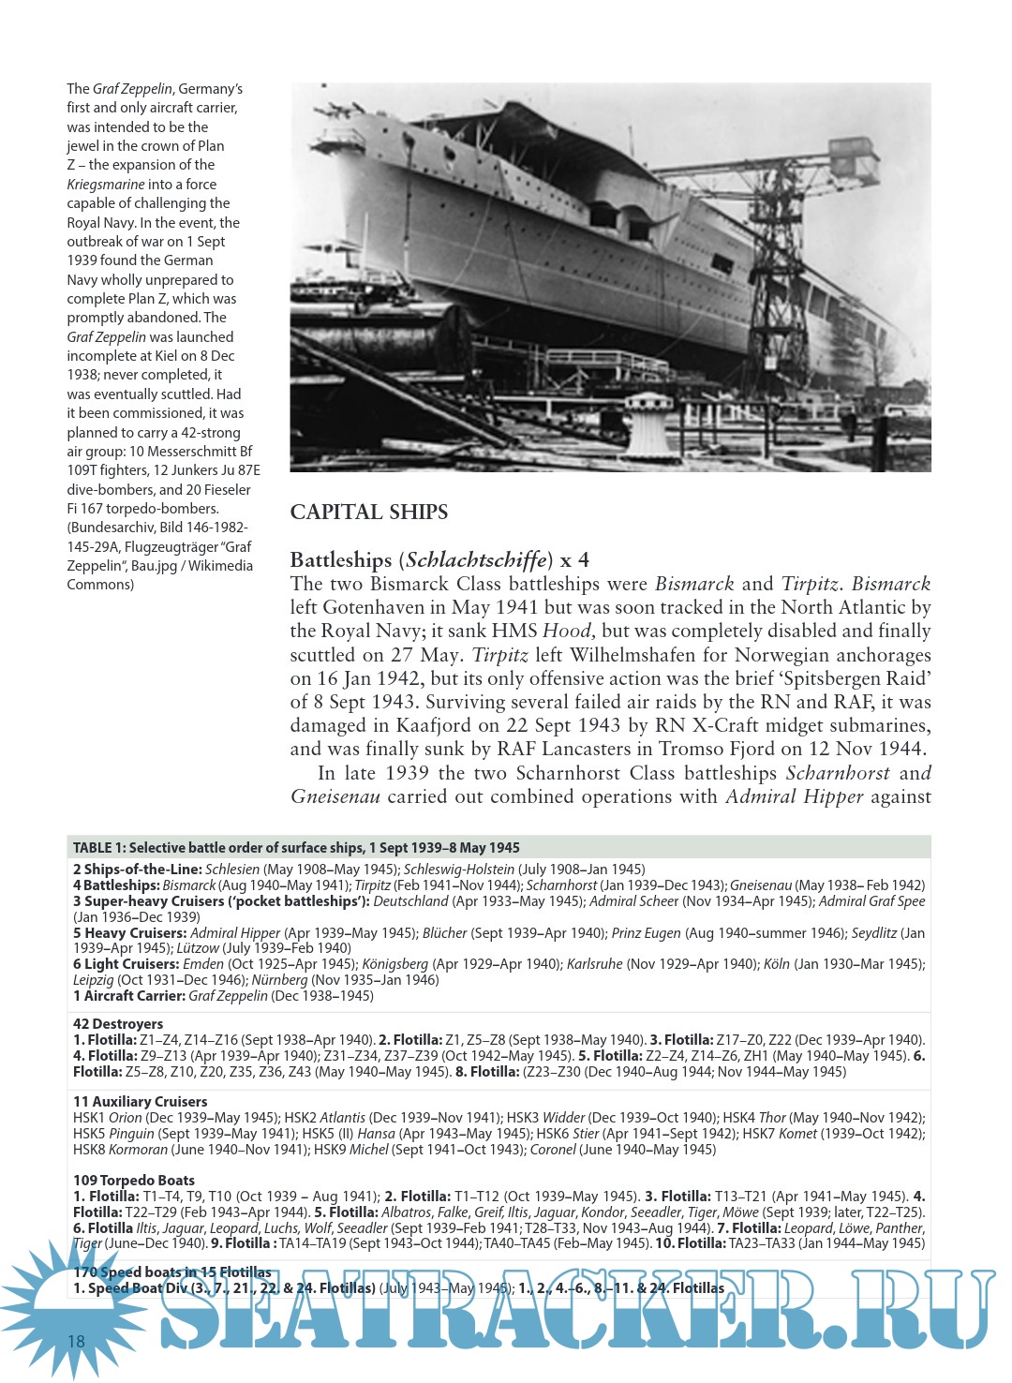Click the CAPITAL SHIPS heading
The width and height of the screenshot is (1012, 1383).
(368, 512)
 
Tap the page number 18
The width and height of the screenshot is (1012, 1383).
(76, 1341)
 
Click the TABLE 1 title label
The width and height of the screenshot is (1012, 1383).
(296, 847)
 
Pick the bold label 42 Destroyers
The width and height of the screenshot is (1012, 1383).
(118, 1024)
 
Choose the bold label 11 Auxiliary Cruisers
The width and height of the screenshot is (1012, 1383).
(141, 1102)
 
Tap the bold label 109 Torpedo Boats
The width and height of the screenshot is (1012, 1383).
(134, 1181)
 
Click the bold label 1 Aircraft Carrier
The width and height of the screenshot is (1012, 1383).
(130, 996)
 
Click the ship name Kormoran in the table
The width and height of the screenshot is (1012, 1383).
(138, 1150)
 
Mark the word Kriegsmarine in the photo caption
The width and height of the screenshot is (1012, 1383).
(106, 185)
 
